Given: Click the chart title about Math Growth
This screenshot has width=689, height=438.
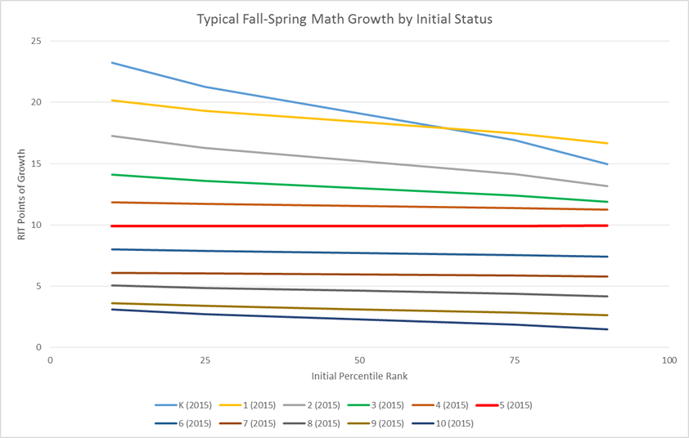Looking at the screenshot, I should pos(344,18).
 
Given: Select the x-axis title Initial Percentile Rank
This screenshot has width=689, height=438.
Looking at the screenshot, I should pos(360,376).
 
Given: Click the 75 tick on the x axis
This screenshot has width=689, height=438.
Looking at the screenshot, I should pos(515,360).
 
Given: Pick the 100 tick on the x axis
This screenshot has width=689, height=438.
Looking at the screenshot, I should pos(669,360).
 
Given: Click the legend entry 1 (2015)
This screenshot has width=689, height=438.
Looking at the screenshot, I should pos(259,405).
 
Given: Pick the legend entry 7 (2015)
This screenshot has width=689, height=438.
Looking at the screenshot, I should pos(259,423).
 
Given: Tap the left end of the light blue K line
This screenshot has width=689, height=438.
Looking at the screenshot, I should pos(112,63).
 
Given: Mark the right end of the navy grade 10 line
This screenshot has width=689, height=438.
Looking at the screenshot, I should pos(607,329).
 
